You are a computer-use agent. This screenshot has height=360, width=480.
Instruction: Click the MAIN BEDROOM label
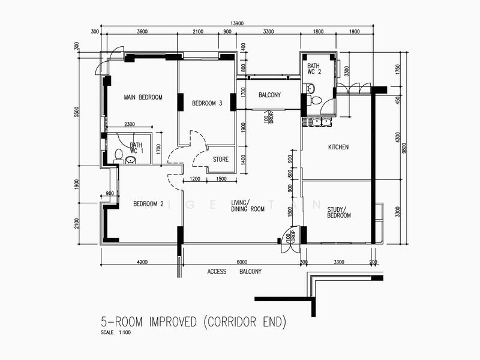tap(143, 97)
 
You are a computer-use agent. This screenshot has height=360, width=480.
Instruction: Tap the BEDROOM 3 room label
tap(207, 104)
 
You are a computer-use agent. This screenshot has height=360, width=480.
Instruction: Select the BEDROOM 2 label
tap(148, 204)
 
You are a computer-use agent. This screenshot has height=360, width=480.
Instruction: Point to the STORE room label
tap(221, 160)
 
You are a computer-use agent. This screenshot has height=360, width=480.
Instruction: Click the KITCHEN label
tap(338, 147)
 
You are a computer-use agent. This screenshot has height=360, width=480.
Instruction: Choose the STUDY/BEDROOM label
tap(339, 212)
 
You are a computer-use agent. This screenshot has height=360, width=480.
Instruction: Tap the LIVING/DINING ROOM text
tap(248, 206)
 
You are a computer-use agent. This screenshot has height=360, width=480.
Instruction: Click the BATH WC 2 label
tap(314, 69)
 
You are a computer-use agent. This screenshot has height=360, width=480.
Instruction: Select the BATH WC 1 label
tap(136, 148)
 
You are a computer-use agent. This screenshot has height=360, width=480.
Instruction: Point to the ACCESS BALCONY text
tap(235, 272)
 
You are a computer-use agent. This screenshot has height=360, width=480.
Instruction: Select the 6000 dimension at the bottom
tap(241, 262)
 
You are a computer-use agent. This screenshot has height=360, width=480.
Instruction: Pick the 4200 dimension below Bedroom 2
tap(142, 262)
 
